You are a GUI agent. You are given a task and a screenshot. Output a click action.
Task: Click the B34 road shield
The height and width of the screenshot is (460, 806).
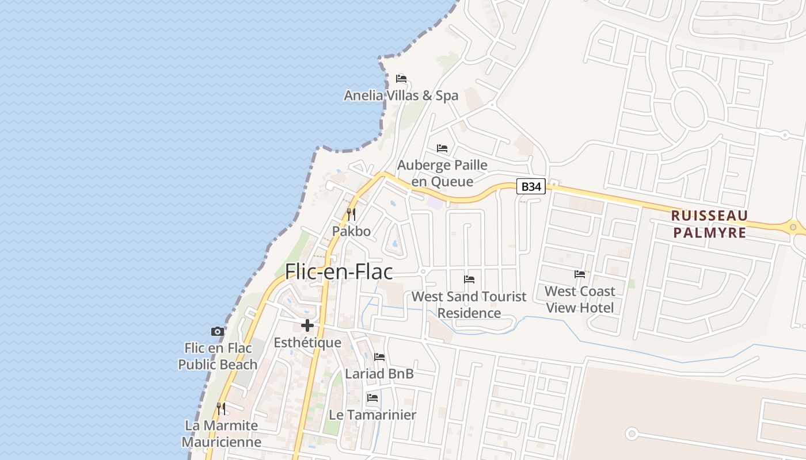[x=530, y=186]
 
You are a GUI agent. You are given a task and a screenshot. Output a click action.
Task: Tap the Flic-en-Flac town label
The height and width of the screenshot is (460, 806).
[x=339, y=271]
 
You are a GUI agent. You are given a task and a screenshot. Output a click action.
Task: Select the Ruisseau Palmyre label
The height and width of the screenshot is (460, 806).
[x=710, y=224]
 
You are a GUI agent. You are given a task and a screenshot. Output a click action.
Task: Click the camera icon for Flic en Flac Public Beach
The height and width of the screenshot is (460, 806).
[x=218, y=331]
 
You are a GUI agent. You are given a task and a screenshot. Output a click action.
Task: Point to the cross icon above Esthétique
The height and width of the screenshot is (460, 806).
[x=307, y=325]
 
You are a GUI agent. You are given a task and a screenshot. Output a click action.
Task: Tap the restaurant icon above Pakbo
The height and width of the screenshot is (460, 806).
[x=351, y=214]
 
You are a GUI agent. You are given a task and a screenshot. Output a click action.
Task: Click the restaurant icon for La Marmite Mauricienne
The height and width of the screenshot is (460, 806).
[x=221, y=409]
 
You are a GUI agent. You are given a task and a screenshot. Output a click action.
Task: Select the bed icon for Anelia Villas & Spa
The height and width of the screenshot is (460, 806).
[x=401, y=79]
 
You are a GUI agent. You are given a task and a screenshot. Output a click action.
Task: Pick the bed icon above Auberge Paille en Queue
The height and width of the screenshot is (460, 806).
[x=442, y=148]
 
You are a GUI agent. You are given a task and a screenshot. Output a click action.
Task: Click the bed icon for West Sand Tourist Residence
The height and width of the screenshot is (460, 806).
[x=469, y=279]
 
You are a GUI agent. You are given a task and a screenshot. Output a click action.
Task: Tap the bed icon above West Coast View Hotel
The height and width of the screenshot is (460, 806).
[x=580, y=274]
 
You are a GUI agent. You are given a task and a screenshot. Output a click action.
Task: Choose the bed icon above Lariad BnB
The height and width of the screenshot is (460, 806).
[x=379, y=357]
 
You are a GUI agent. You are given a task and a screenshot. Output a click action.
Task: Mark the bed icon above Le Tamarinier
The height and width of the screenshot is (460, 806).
[x=372, y=398]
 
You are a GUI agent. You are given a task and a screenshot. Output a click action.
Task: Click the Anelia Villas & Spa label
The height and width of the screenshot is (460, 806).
[x=401, y=95]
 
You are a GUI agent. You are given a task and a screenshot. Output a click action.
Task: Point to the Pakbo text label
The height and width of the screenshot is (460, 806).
[x=351, y=231]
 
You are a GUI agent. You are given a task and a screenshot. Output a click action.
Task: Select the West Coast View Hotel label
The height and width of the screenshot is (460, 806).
[x=580, y=299]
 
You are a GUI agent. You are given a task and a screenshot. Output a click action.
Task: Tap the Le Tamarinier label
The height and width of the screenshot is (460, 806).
[x=372, y=415]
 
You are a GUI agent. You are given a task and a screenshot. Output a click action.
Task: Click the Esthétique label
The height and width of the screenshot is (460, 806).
[x=307, y=343]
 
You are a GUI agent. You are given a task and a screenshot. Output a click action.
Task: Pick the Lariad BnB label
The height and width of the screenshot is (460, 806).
[x=379, y=374]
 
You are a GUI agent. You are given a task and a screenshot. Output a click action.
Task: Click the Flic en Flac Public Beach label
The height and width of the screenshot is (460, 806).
[x=218, y=356]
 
